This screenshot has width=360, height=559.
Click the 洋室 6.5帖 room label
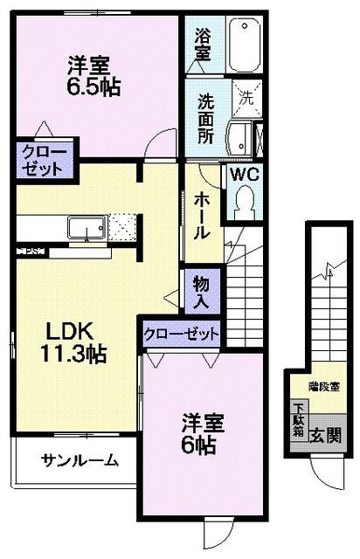[93, 75]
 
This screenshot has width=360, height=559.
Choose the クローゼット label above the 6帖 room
[182, 334]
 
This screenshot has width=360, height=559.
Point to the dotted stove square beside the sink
[121, 228]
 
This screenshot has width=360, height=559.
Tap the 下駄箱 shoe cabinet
[299, 421]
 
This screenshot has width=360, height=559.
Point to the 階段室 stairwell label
[323, 384]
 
